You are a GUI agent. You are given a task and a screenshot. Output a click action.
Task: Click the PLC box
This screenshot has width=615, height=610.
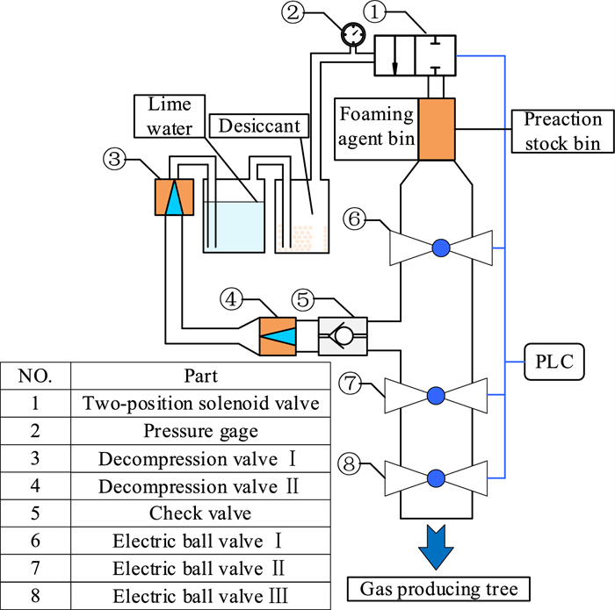[554, 361]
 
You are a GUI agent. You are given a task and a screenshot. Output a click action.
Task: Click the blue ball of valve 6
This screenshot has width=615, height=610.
[441, 248]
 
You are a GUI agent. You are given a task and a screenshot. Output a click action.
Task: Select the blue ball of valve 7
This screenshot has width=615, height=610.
[437, 397]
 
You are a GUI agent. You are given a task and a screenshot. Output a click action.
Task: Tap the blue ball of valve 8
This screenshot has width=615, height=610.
[437, 477]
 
